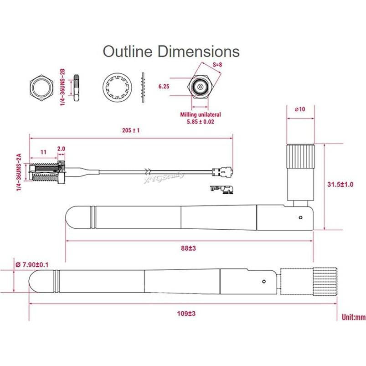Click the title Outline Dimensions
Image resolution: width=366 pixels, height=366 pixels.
[x=171, y=51]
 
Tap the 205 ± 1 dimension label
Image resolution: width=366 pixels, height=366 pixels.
[x=131, y=130]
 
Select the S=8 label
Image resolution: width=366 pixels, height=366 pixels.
[x=217, y=65]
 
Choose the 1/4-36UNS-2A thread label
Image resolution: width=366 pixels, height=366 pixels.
[x=19, y=173]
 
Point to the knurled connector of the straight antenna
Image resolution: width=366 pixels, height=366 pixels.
[x=309, y=281]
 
